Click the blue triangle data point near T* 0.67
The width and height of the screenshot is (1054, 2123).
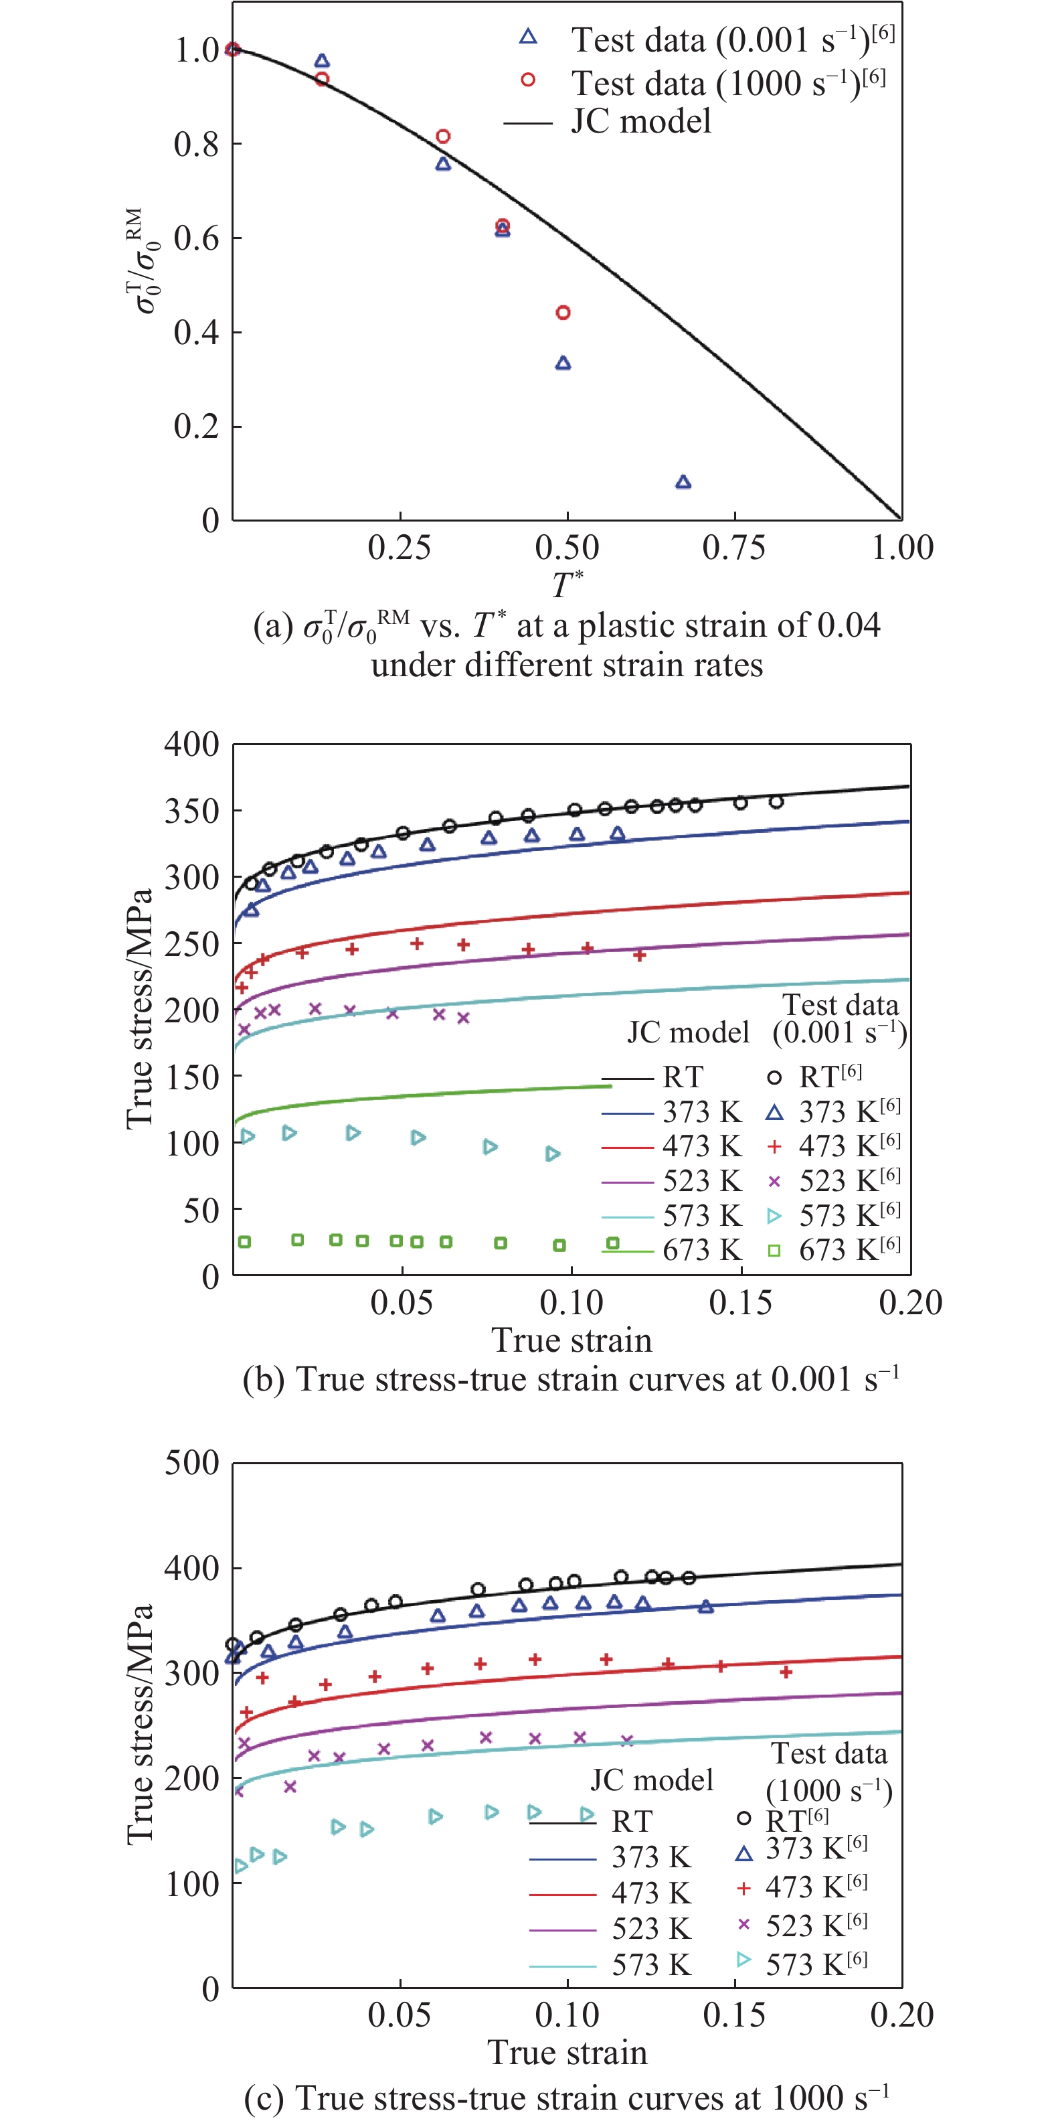[x=683, y=483]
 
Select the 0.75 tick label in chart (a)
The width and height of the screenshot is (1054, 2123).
[x=733, y=547]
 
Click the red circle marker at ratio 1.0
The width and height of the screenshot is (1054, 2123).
[x=232, y=50]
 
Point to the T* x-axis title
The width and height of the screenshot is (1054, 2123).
[x=567, y=584]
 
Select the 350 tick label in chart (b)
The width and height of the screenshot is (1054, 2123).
[x=192, y=811]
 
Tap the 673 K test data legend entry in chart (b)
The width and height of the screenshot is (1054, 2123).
[x=836, y=1250]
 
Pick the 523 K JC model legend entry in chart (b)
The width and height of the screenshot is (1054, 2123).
[x=672, y=1181]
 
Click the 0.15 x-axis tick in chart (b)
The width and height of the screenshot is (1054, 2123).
[x=741, y=1303]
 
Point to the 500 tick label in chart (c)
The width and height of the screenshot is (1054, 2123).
[x=192, y=1463]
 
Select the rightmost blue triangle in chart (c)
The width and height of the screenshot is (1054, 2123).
[x=705, y=1607]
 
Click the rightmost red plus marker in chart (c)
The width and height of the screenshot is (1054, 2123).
[x=786, y=1672]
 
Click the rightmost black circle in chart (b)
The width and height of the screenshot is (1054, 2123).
[x=776, y=802]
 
